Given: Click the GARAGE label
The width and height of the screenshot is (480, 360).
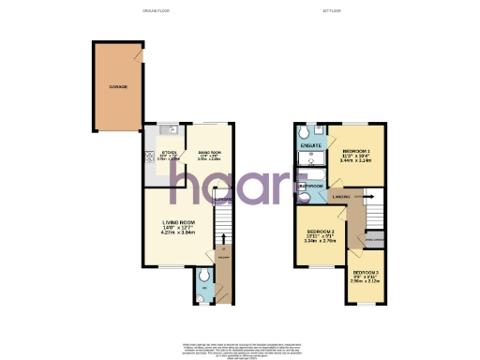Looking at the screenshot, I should pos(117,86).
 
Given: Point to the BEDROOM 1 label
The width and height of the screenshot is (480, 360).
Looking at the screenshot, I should pos(356,152).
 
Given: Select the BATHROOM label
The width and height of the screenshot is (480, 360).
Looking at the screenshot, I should pos(311,187).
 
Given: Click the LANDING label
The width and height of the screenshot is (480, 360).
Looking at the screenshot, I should pos(341,196).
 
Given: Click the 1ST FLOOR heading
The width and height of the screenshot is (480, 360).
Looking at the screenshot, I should pos(329,11).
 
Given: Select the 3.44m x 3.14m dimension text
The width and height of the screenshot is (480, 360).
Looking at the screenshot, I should pos(356,160).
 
